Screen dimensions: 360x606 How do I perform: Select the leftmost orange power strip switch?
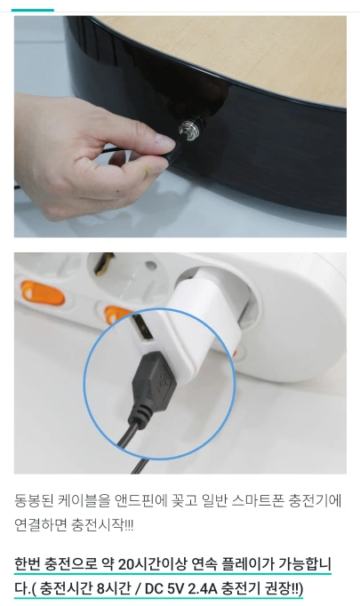[43, 292]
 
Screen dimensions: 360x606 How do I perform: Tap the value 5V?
[175, 588]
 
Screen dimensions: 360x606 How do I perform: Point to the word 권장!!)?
[284, 588]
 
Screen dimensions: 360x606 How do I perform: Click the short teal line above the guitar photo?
[33, 10]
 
